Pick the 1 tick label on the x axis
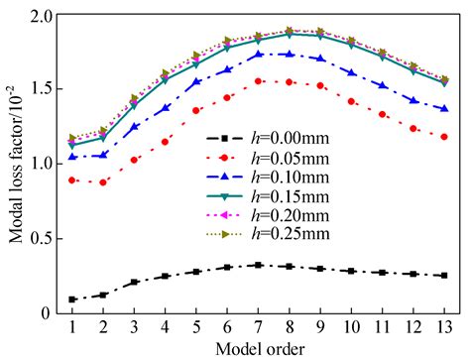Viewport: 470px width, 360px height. [72, 325]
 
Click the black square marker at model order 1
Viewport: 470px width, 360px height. [72, 300]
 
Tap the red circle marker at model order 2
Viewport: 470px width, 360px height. [103, 182]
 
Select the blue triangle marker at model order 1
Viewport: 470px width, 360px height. [72, 157]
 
